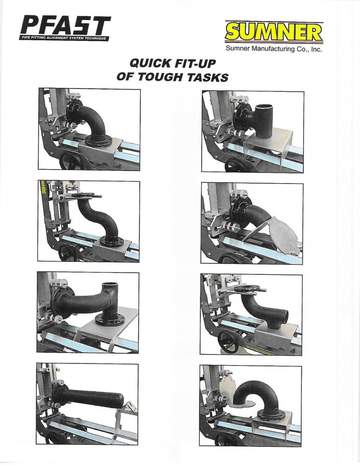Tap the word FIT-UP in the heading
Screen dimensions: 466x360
[x=195, y=63]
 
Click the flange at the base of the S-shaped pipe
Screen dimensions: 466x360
[x=110, y=242]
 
